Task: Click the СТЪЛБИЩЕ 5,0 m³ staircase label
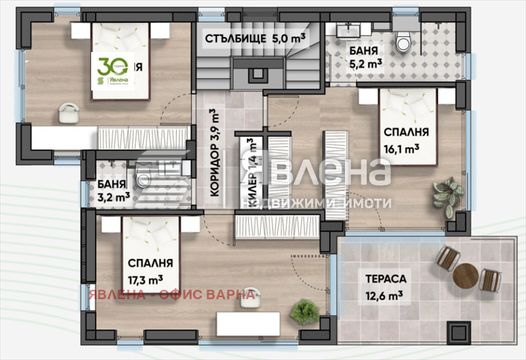(x=253, y=38)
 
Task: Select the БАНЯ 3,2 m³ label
(x=113, y=191)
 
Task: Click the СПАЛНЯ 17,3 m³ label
(x=150, y=270)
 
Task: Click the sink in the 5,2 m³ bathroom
(x=350, y=30)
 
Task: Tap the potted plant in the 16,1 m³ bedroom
(x=448, y=195)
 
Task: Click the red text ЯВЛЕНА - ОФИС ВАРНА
(x=172, y=294)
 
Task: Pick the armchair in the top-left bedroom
(x=69, y=113)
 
